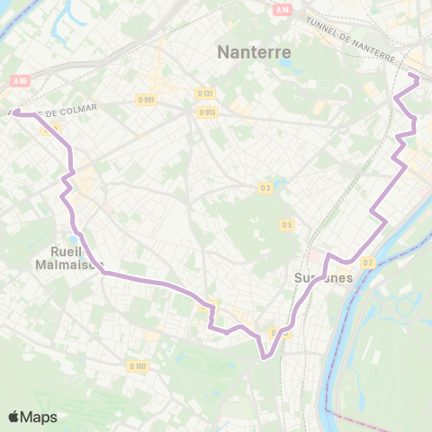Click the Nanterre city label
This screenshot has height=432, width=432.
[255, 52]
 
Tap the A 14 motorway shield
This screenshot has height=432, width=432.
[283, 9]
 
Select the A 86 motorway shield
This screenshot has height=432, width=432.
[20, 81]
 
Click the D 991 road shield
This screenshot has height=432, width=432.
[147, 99]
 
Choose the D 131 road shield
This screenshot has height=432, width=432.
[204, 93]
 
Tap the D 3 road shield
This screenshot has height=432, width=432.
[265, 187]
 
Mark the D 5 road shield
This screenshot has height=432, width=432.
[286, 224]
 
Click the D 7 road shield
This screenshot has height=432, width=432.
[366, 263]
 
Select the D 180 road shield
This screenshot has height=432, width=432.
[137, 365]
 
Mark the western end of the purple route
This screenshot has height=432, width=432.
[16, 113]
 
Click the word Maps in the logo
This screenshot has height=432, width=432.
[40, 417]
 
